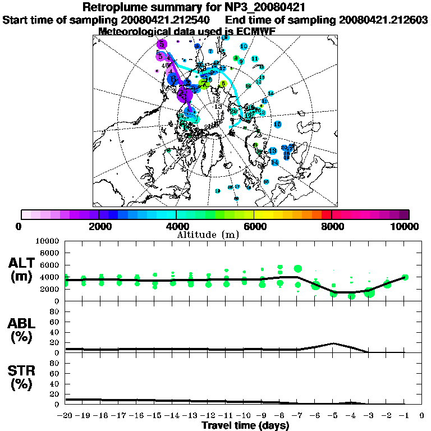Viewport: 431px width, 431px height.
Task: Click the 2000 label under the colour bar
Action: click(99, 227)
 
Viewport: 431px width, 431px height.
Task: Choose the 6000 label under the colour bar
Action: click(254, 227)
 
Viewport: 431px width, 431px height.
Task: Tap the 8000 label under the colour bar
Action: click(332, 227)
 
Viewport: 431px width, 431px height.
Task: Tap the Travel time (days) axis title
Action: click(245, 425)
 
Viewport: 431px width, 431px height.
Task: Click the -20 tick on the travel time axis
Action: click(66, 416)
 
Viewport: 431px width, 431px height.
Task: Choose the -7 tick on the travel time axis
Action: click(297, 416)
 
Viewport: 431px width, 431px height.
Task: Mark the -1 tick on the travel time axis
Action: click(404, 416)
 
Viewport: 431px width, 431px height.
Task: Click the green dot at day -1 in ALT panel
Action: click(405, 277)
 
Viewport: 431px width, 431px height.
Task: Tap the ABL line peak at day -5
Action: click(333, 343)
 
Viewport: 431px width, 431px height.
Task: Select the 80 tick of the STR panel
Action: click(56, 363)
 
